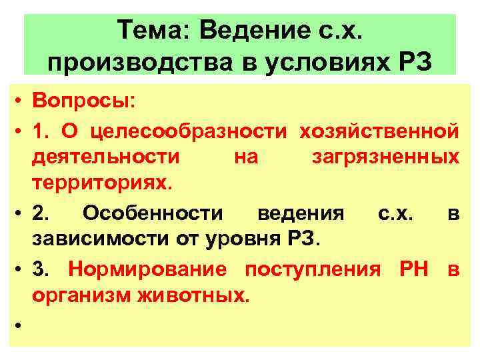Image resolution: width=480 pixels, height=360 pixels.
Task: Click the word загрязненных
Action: [385, 157]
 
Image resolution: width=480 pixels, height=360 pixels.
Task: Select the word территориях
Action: [100, 183]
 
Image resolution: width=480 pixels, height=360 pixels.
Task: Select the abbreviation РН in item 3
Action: [413, 271]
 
